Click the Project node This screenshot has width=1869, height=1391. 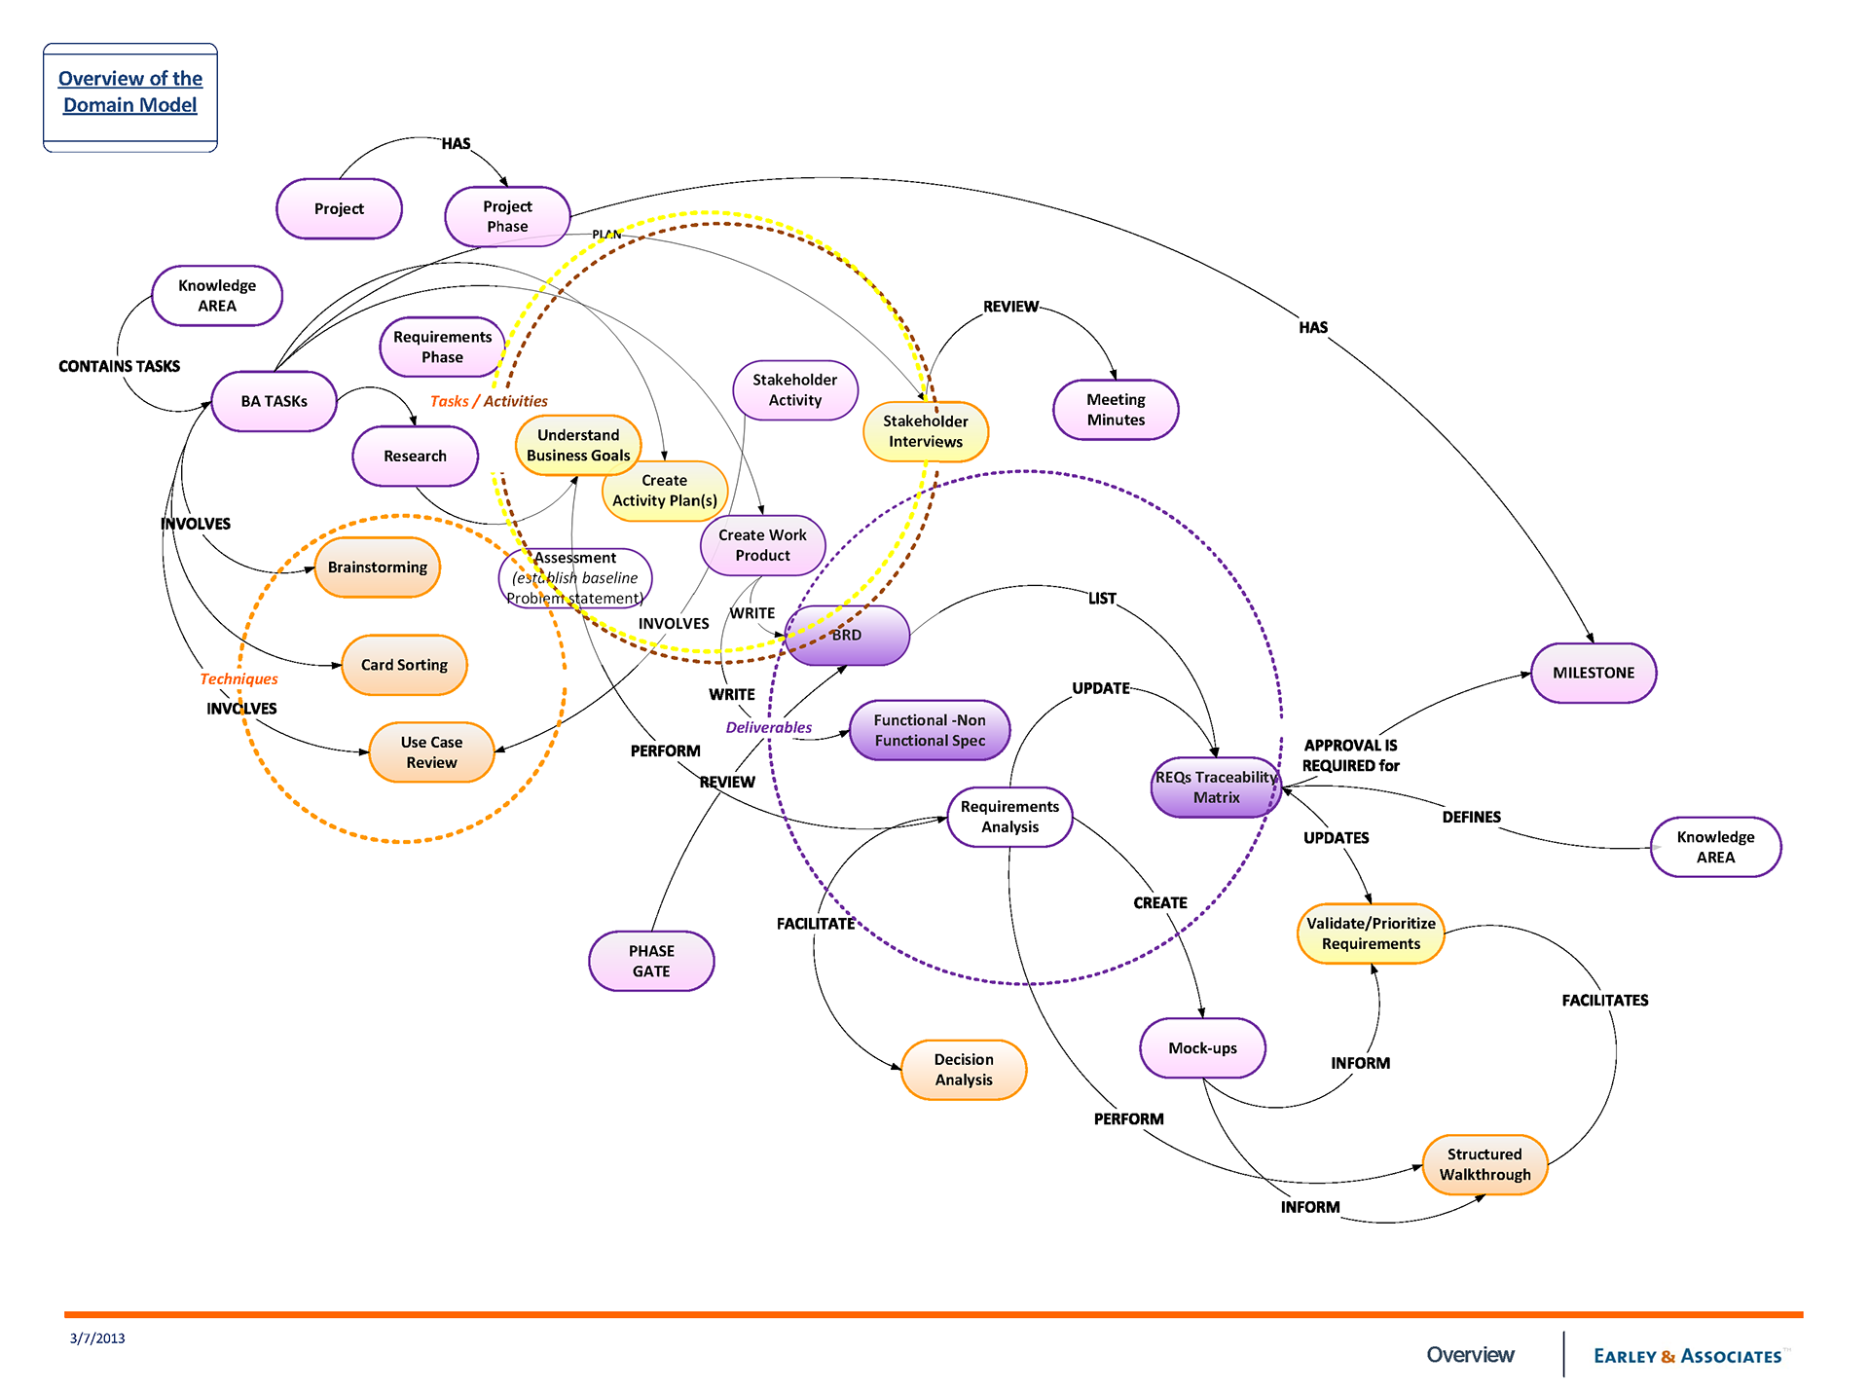339,209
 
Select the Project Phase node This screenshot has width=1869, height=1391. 507,216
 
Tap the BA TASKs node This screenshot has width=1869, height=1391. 274,401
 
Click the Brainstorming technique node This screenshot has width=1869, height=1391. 377,567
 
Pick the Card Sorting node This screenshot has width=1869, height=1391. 404,665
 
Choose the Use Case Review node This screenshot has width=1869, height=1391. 431,752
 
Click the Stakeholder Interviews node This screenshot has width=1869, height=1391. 925,431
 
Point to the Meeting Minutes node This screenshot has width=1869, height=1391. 1116,410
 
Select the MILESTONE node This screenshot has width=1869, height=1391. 1593,673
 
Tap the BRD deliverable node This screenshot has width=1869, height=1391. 846,635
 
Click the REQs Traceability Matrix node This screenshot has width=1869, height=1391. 1216,787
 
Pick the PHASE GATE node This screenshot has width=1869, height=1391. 651,961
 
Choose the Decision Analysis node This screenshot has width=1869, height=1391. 964,1070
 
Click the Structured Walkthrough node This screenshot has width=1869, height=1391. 1484,1164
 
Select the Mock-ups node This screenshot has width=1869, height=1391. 1202,1048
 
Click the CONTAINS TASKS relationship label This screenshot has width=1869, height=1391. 119,366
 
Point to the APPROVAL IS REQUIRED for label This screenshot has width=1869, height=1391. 1350,755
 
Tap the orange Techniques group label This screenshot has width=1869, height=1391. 238,679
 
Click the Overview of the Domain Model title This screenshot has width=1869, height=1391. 130,92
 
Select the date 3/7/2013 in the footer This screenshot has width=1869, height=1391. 97,1338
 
